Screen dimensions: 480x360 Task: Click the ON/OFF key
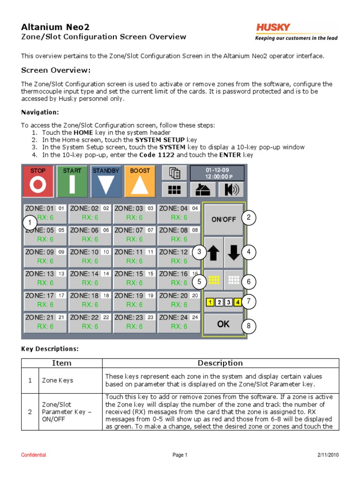coord(223,219)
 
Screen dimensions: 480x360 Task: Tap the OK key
coord(223,324)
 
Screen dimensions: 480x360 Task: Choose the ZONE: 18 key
coord(90,300)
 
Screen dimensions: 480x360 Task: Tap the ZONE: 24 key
coord(179,322)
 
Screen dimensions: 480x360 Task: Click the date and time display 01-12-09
coord(217,173)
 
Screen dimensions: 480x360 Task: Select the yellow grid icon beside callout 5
coord(214,280)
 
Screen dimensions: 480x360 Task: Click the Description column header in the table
coord(220,363)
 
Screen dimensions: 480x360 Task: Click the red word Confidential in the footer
coord(34,455)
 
